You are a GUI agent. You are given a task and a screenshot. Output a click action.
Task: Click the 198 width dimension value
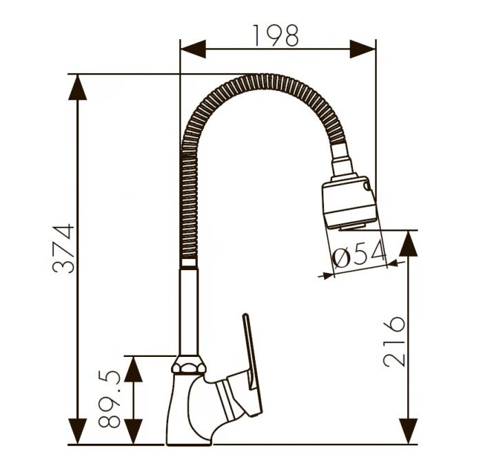point(276,36)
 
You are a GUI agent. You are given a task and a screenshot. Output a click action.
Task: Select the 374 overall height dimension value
point(63,249)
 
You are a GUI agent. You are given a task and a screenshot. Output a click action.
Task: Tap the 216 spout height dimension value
point(394,342)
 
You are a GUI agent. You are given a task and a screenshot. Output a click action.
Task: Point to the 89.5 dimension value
point(109,400)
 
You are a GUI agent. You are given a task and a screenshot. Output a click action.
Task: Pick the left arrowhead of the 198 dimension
point(193,49)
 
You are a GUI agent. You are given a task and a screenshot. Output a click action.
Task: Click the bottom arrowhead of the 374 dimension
point(78,431)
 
